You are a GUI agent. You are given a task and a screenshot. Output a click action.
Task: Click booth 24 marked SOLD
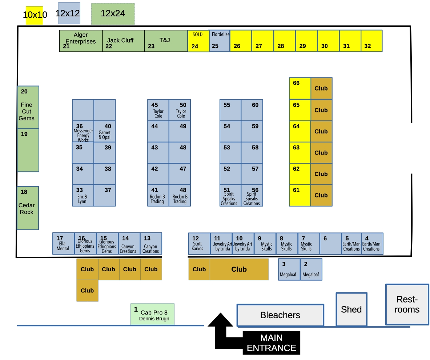[x=198, y=41]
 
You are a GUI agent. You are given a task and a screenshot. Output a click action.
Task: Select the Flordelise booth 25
[x=220, y=41]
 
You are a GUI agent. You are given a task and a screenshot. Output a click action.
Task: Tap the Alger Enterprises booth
[x=81, y=41]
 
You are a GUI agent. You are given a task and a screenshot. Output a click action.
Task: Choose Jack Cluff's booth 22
[x=123, y=41]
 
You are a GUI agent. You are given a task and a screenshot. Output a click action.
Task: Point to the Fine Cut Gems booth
[x=28, y=107]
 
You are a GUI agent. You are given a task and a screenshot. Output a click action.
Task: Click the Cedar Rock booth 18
[x=28, y=208]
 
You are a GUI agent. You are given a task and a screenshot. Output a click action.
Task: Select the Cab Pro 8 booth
[x=152, y=314]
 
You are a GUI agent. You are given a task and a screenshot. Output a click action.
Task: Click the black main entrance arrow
[x=220, y=329]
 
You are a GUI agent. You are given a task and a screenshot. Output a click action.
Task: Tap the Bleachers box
[x=280, y=315]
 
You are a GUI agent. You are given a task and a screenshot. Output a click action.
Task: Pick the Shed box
[x=351, y=309]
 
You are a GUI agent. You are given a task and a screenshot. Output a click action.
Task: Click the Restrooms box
[x=407, y=304]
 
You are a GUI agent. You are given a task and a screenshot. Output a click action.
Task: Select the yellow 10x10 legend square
[x=35, y=15]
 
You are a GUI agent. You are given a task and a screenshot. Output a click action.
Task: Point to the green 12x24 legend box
[x=113, y=14]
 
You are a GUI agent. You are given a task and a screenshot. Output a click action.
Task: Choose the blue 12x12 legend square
[x=69, y=13]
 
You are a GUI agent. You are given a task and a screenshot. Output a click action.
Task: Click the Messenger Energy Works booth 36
[x=83, y=132]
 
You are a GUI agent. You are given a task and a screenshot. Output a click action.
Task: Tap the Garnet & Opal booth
[x=105, y=132]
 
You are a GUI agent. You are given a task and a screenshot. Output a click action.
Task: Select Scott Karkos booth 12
[x=199, y=244]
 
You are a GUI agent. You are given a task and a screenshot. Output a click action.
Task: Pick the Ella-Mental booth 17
[x=63, y=244]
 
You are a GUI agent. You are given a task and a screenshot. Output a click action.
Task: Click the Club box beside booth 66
[x=321, y=88]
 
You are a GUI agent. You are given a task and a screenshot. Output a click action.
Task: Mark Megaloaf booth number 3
[x=289, y=269]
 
